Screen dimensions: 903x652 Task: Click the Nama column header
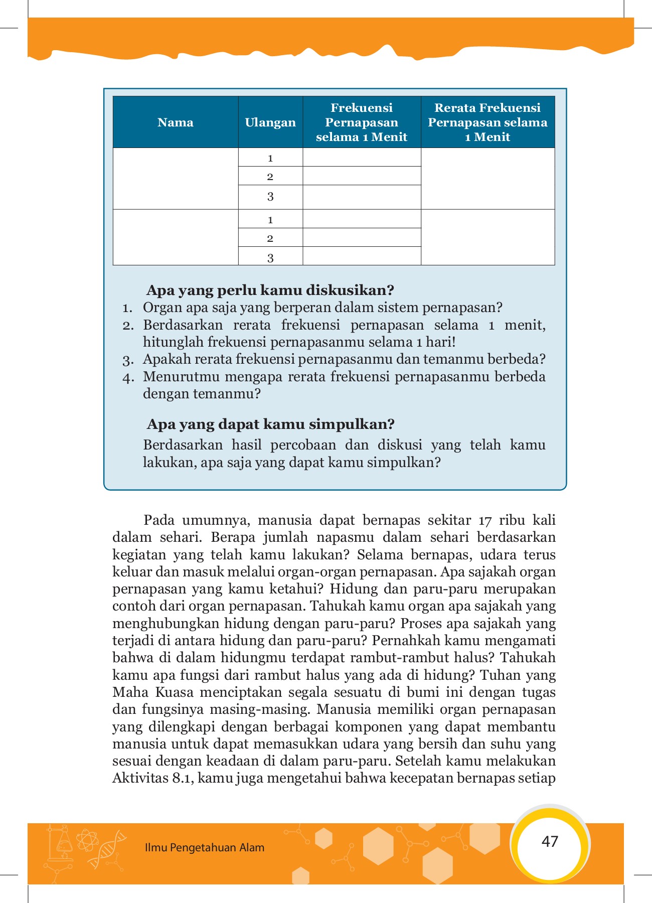pos(175,122)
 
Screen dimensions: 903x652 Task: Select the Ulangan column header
pos(270,122)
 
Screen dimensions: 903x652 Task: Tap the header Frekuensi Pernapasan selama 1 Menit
pos(362,122)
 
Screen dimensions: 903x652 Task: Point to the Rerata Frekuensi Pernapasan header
pos(487,122)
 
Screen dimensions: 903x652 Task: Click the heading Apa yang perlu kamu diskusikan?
pos(270,290)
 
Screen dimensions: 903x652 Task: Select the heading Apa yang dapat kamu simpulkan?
pos(271,424)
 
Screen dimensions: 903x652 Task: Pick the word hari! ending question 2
pos(443,343)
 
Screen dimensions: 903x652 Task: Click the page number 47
pos(550,841)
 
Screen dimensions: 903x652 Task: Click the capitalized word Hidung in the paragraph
pos(349,589)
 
